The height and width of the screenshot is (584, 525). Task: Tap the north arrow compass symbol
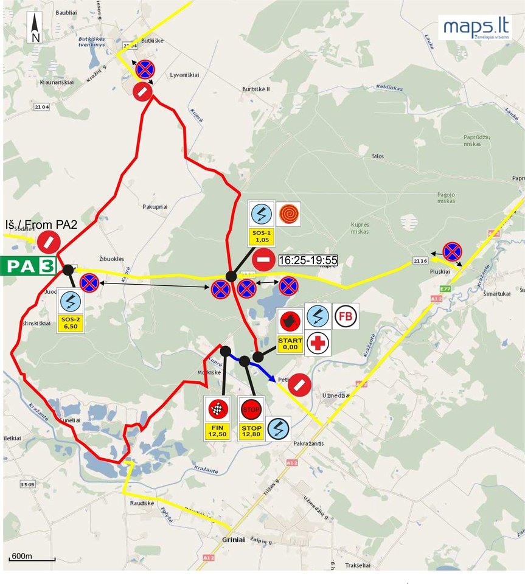pyautogui.click(x=35, y=29)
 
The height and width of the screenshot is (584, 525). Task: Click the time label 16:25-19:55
pyautogui.click(x=308, y=260)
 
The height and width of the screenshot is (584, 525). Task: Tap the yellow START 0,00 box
pyautogui.click(x=290, y=344)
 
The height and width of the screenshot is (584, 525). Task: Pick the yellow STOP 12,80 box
pyautogui.click(x=251, y=431)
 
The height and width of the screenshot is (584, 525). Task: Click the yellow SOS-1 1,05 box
pyautogui.click(x=262, y=237)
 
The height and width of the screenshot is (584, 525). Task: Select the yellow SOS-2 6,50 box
pyautogui.click(x=70, y=322)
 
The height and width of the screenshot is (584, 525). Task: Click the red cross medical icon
pyautogui.click(x=318, y=344)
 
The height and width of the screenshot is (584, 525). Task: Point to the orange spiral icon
pyautogui.click(x=289, y=214)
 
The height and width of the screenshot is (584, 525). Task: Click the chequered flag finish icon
pyautogui.click(x=218, y=409)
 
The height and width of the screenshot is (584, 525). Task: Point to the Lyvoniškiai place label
pyautogui.click(x=185, y=75)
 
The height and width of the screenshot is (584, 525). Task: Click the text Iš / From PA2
pyautogui.click(x=41, y=224)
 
